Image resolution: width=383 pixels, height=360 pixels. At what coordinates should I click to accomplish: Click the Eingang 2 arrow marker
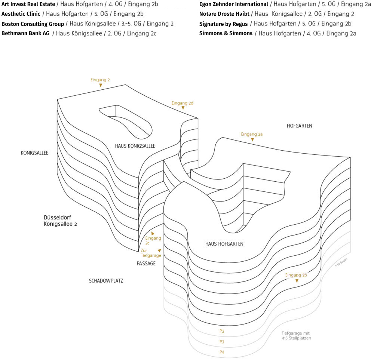101,86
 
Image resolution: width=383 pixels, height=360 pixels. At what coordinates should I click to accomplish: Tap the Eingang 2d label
182,103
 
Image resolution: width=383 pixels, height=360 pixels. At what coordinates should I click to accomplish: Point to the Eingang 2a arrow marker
252,139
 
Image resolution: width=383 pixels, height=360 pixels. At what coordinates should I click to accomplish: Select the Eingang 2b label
296,275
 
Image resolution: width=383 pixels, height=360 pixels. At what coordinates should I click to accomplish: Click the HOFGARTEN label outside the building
299,126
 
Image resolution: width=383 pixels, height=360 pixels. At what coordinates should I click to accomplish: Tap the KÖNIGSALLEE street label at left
34,153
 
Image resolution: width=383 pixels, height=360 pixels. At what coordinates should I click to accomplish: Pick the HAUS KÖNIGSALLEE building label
135,146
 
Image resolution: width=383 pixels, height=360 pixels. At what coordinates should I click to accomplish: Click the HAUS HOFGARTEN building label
224,244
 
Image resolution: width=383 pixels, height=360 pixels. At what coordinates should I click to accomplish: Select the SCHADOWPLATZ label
106,281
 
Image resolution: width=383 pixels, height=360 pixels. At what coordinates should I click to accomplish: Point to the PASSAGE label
146,264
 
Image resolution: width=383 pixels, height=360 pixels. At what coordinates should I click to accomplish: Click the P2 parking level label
222,331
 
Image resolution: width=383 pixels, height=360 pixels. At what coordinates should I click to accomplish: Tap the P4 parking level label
222,352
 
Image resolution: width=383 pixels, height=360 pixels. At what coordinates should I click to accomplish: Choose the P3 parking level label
222,342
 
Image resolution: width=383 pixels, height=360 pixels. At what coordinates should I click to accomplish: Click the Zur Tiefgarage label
150,253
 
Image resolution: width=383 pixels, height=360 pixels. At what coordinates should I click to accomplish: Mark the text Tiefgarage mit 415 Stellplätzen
296,336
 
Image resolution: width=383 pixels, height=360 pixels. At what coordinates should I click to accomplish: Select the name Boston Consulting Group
33,24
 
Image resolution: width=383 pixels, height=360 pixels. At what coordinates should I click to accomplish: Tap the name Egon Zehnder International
234,4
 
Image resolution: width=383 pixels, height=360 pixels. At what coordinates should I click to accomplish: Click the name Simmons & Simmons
226,33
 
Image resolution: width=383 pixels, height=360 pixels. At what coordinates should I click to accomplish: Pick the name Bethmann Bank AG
25,33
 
